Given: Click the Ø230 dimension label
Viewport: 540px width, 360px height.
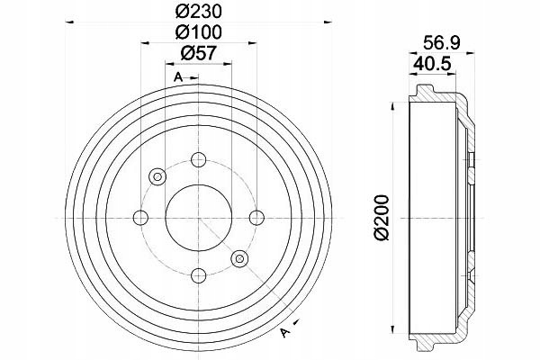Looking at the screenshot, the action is pyautogui.click(x=198, y=12).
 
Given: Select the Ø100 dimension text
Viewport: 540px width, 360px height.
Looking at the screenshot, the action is pyautogui.click(x=198, y=32).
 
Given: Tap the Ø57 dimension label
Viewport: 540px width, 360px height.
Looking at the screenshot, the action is pyautogui.click(x=198, y=53).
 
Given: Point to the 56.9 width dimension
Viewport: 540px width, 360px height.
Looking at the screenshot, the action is pyautogui.click(x=442, y=42).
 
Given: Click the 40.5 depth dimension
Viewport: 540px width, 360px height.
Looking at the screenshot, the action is pyautogui.click(x=433, y=64).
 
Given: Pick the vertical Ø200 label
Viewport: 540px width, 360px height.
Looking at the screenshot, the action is pyautogui.click(x=382, y=218).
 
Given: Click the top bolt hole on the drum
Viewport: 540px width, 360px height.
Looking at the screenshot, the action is pyautogui.click(x=199, y=160).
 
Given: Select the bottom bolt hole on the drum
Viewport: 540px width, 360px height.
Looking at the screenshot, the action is pyautogui.click(x=199, y=275).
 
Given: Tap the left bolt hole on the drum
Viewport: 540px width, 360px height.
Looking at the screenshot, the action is pyautogui.click(x=140, y=218).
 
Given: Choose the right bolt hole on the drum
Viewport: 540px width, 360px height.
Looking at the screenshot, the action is pyautogui.click(x=256, y=218).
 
